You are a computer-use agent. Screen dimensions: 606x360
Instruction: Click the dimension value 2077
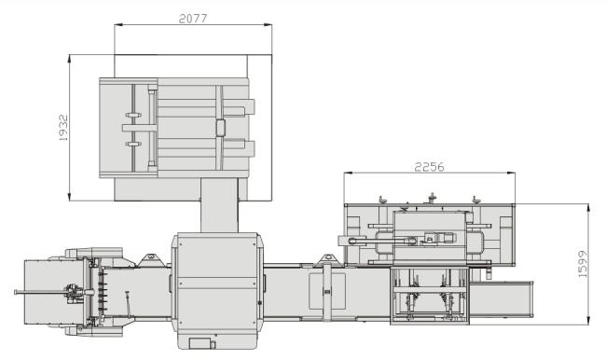tap(193, 18)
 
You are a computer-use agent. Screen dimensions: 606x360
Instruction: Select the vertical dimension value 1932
tap(63, 128)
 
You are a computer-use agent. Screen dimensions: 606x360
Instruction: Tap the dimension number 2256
tap(430, 167)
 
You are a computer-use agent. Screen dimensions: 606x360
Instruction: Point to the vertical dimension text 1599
tap(583, 264)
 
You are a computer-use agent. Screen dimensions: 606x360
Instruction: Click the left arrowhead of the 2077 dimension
tap(118, 25)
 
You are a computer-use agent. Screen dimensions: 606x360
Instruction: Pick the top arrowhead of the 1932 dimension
tap(70, 59)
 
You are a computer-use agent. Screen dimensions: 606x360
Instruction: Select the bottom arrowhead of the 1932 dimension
tap(70, 197)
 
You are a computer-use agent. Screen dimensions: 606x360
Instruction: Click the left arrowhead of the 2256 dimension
tap(348, 173)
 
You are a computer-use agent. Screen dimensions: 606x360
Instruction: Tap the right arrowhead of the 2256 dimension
tap(511, 173)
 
